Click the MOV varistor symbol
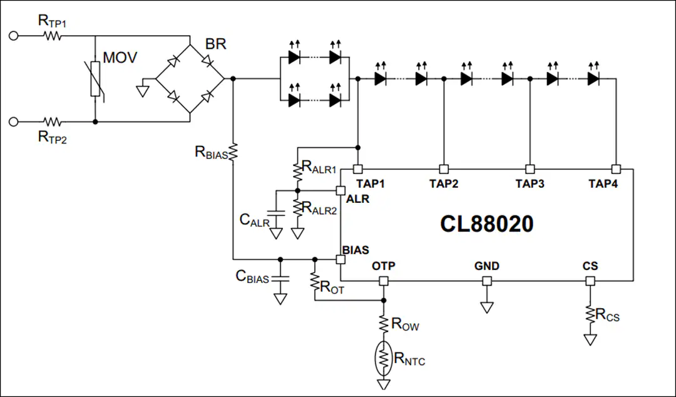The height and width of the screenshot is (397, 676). coord(95,78)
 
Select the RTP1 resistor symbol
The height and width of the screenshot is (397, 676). coord(52,36)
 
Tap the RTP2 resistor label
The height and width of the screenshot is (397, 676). coord(53,137)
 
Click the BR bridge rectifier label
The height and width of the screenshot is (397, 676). coord(215,44)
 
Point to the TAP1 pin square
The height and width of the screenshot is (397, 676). coord(358,169)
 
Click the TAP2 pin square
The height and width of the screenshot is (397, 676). coord(444,169)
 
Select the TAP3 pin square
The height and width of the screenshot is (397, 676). coord(530,169)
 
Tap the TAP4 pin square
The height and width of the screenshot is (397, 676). coord(617,169)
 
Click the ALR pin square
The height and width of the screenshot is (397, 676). coord(341,191)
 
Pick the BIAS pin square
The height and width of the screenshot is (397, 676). coord(341,259)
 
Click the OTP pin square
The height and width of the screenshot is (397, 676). coord(384,281)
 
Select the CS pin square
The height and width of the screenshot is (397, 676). coord(590,281)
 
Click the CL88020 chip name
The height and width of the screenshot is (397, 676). coord(487,224)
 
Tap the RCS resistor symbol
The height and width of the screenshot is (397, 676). coord(590,314)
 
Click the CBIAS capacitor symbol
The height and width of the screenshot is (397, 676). coord(280,277)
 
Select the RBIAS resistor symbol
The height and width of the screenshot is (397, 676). coord(233,153)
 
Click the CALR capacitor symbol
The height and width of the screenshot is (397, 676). coord(276,213)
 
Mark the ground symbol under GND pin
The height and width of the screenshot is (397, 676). coord(487,307)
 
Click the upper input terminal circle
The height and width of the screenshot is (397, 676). coord(13,36)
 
